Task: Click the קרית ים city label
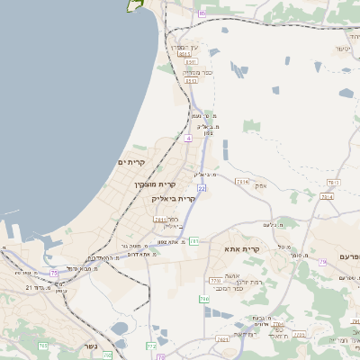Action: click(x=131, y=161)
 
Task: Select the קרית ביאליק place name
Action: click(x=175, y=198)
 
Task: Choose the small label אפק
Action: click(x=261, y=184)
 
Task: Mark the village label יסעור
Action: click(x=343, y=47)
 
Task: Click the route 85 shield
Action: click(x=202, y=13)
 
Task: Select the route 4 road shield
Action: click(x=187, y=139)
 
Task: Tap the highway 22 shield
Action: click(x=202, y=187)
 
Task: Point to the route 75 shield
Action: click(x=55, y=272)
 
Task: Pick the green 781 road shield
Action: click(x=194, y=240)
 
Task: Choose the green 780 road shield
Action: click(x=204, y=299)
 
